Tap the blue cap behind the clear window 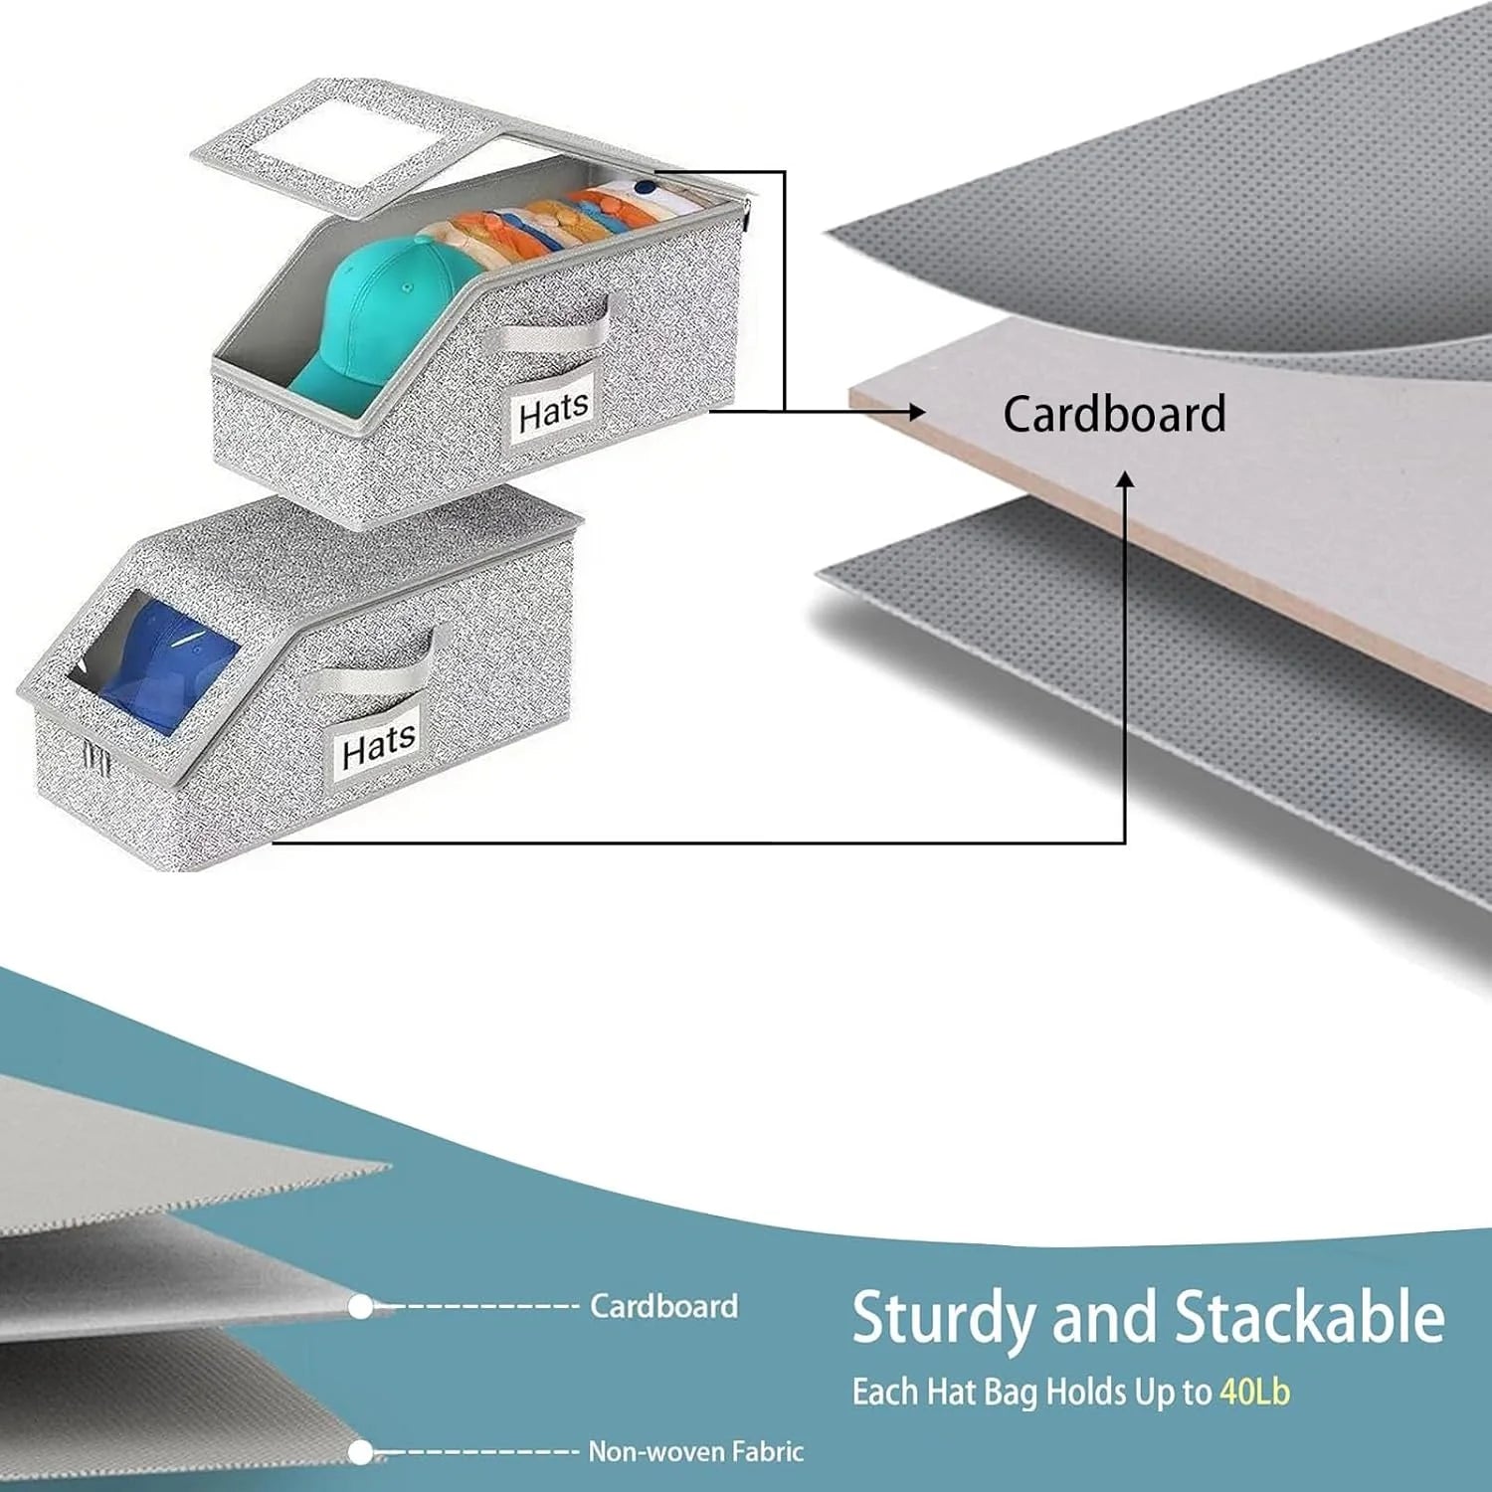(x=164, y=661)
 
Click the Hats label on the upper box (x=553, y=411)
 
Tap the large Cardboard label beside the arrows (x=1114, y=414)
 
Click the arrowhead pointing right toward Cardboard (x=916, y=411)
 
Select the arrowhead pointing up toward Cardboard (x=1125, y=480)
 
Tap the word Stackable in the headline (x=1309, y=1316)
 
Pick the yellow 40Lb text (x=1254, y=1392)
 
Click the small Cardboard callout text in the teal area (x=663, y=1305)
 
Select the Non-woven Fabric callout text (x=695, y=1451)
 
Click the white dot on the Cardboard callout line (x=361, y=1306)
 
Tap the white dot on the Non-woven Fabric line (x=361, y=1452)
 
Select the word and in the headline (x=1103, y=1317)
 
